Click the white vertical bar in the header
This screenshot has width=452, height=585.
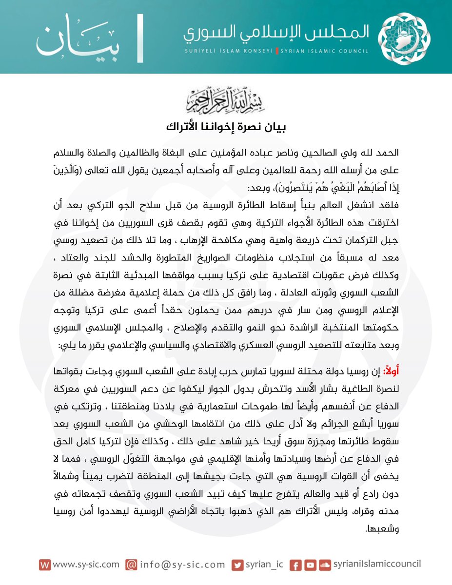(x=140, y=39)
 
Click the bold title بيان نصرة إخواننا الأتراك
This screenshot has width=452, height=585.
(x=226, y=128)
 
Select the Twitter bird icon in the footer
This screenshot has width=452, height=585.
(x=237, y=565)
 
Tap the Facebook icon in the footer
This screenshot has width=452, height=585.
(x=295, y=565)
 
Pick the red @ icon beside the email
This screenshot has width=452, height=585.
(x=131, y=565)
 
